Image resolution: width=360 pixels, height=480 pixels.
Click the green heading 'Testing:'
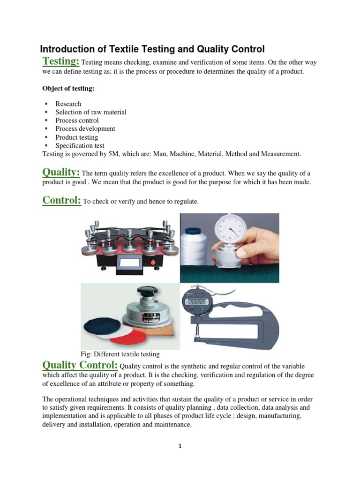tap(61, 61)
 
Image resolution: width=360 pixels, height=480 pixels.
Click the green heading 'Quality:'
tap(61, 172)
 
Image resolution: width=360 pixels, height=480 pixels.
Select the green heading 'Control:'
tap(62, 200)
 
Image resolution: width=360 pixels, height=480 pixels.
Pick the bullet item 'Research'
tap(68, 104)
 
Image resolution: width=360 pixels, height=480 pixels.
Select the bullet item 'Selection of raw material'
tap(90, 112)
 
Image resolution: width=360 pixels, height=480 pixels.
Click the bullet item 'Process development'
tap(85, 128)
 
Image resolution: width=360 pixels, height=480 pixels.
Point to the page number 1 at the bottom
tap(180, 446)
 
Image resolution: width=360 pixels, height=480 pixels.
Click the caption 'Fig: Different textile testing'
tap(120, 354)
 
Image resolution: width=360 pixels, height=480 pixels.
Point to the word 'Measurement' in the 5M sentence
tap(279, 154)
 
